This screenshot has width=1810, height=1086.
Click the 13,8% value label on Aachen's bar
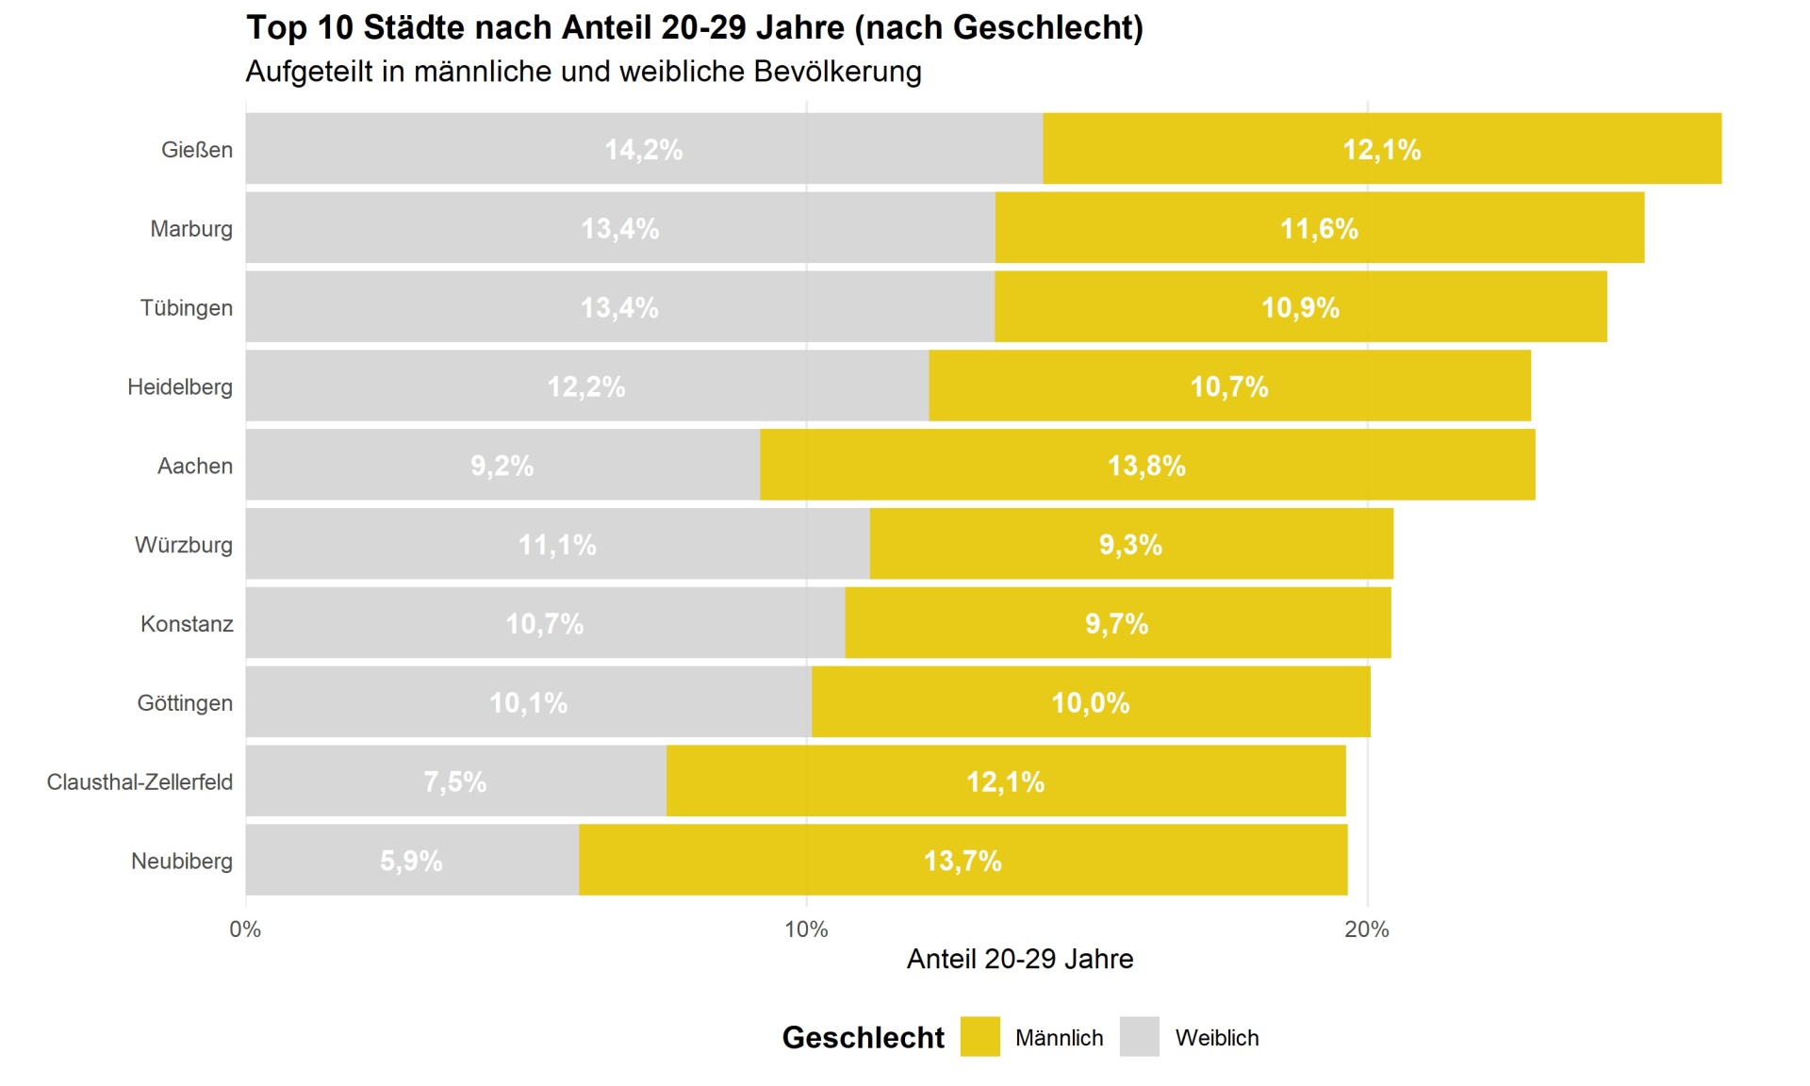1146,466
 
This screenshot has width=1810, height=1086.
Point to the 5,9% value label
411,861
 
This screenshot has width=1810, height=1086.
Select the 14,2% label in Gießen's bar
643,150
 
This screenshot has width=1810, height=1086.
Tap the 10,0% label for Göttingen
1090,702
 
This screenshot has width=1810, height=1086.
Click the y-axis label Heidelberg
179,387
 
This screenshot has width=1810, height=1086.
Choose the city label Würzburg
183,545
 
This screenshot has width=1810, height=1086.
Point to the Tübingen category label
186,307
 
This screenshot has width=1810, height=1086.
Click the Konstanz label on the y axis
187,624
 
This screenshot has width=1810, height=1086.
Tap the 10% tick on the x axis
806,930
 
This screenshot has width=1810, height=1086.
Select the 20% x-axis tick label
1366,930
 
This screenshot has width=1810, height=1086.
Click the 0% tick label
245,930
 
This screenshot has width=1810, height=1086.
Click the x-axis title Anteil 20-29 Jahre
1019,959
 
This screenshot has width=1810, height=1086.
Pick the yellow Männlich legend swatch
979,1037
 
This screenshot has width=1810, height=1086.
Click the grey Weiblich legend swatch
1139,1037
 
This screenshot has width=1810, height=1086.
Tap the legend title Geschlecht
863,1037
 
